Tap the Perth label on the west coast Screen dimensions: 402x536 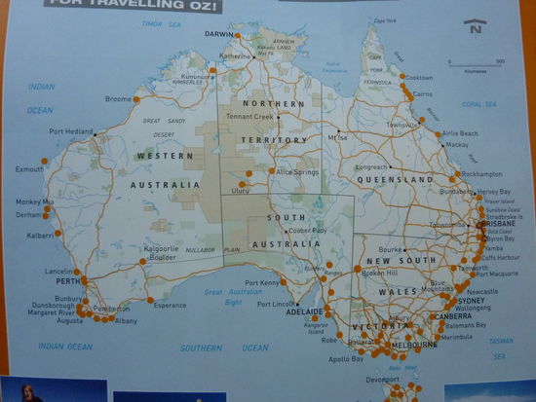click(x=67, y=281)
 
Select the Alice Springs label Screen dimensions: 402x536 click(x=297, y=171)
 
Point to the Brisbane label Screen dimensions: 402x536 click(x=498, y=223)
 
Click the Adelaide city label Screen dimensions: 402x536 click(x=305, y=311)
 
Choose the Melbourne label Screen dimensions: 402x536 click(x=414, y=345)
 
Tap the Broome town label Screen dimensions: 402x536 click(x=117, y=99)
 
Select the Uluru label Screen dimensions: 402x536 click(x=240, y=191)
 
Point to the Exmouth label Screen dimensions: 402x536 click(x=29, y=168)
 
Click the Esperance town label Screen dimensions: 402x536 click(x=170, y=305)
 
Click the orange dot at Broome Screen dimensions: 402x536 click(x=136, y=99)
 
